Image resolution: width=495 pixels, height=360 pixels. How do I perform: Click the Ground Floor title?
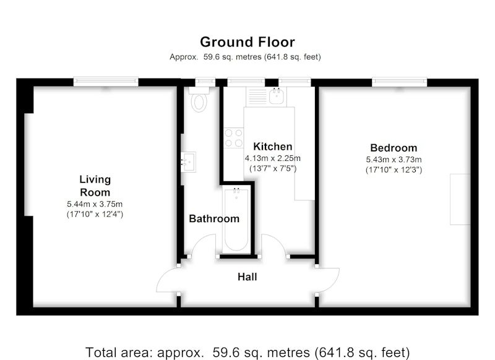pos(247,42)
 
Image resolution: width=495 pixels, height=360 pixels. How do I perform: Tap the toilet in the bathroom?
pos(199,99)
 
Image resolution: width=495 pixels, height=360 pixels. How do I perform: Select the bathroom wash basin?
pos(189,162)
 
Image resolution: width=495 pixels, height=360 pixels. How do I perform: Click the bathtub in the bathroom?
pos(236,220)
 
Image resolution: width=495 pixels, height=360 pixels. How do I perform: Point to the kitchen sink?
pos(277,96)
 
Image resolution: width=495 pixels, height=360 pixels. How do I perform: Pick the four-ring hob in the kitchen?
pos(234,138)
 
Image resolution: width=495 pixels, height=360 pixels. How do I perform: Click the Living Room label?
pos(95,186)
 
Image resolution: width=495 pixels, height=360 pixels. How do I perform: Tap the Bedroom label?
pos(394,148)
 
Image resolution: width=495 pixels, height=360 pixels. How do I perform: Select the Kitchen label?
pos(273,147)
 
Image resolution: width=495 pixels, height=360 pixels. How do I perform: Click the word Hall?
pos(247,277)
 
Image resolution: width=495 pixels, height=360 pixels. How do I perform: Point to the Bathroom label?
pos(214,218)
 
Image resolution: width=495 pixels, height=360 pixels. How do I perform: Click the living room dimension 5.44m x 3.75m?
pos(95,204)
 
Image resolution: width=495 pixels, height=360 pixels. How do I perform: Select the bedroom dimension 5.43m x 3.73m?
pos(394,160)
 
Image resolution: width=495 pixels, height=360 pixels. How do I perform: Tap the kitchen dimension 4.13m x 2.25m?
pos(273,158)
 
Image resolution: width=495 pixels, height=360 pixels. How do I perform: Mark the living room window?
pos(106,82)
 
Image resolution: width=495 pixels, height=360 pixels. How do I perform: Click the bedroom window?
pos(399,82)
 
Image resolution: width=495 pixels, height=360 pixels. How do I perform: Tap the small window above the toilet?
pos(205,82)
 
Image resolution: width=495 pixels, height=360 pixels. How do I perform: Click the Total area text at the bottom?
pos(247,352)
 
